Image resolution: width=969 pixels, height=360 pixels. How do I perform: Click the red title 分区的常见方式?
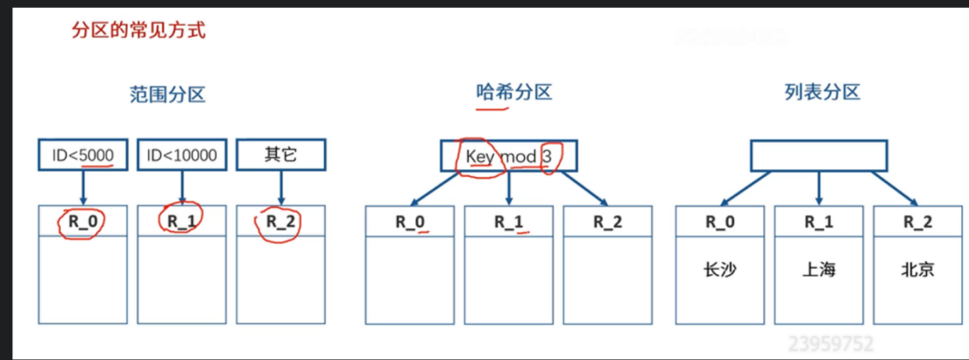138,32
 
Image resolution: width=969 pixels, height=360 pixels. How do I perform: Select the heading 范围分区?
161,94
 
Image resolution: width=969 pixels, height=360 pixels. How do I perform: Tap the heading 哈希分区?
513,91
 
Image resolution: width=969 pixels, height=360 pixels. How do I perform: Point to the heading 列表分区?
823,91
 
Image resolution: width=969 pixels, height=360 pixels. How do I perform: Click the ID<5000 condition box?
82,155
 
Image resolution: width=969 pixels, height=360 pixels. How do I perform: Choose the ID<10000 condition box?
182,155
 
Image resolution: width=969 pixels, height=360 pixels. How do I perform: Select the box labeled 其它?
280,155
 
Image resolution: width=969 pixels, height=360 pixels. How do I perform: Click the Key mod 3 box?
508,156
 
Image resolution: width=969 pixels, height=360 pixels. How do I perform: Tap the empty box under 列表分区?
817,155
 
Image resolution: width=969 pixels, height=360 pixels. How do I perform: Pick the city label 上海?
818,269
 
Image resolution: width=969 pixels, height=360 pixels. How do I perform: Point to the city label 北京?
917,269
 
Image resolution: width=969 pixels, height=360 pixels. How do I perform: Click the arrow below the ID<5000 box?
82,187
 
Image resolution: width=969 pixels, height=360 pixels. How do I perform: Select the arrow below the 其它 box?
280,187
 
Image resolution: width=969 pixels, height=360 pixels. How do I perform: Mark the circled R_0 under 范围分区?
83,222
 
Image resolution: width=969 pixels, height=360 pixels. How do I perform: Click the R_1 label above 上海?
818,222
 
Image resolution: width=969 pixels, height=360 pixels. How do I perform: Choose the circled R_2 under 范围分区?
281,222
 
